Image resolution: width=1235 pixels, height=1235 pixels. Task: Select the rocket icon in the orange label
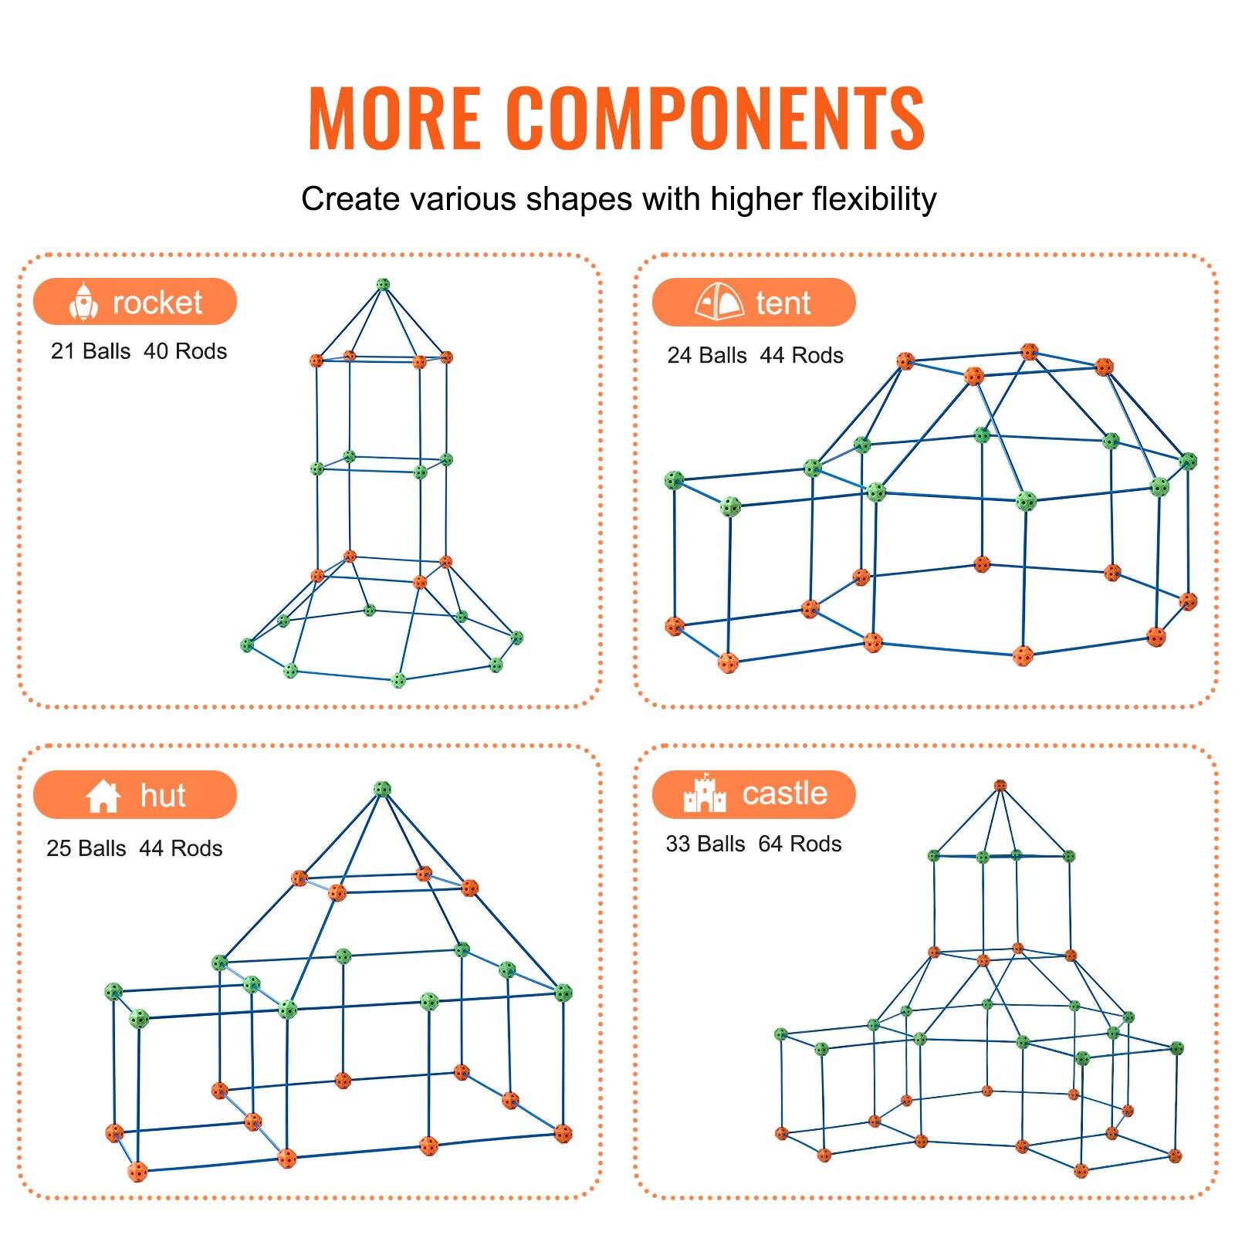tap(83, 302)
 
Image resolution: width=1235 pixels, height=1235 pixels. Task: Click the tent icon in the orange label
tap(719, 303)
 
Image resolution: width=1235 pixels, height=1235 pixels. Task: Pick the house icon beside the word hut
tap(103, 795)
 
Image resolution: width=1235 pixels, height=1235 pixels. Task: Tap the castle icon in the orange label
tap(705, 793)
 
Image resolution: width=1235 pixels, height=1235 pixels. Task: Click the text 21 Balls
tap(90, 351)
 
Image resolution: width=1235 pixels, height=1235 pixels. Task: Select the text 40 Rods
tap(185, 351)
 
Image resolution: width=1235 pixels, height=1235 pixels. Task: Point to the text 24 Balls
tap(707, 355)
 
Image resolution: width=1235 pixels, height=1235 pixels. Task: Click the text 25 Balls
tap(86, 848)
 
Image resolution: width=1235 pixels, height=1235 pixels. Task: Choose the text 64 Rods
tap(800, 844)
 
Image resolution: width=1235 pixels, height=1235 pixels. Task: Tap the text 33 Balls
tap(705, 844)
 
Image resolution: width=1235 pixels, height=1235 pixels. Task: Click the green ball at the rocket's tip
tap(383, 285)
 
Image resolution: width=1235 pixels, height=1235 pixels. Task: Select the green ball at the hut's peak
tap(382, 789)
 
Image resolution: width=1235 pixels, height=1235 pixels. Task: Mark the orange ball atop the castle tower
tap(1000, 786)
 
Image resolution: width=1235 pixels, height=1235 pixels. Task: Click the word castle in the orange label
tap(784, 793)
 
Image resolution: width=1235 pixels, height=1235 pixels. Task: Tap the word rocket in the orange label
tap(157, 303)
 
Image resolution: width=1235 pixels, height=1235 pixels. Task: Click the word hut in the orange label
tap(163, 795)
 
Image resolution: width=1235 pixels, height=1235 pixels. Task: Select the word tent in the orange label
tap(783, 303)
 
